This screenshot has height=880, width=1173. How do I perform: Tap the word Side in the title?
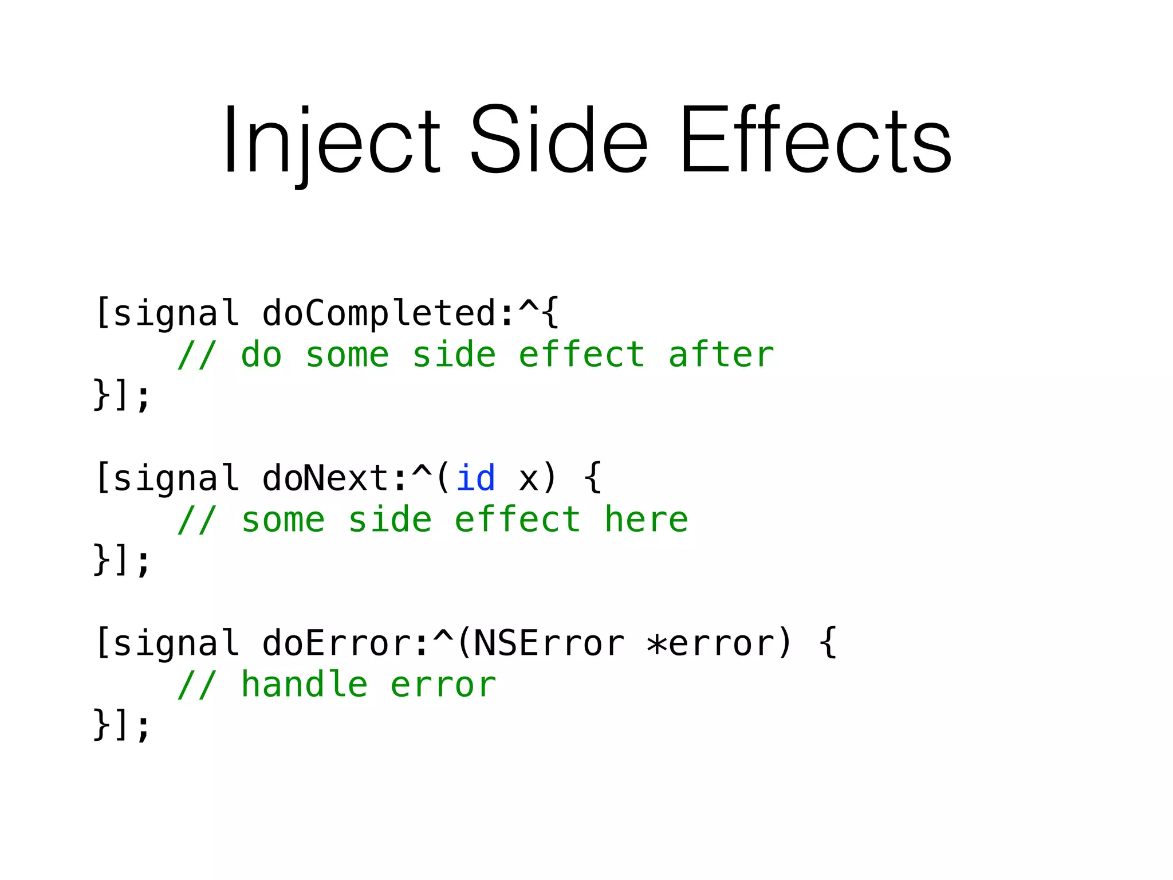(558, 140)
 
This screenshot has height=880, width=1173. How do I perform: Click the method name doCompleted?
(379, 313)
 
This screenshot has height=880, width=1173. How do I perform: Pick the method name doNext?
(326, 478)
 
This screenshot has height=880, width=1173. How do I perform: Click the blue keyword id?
(475, 478)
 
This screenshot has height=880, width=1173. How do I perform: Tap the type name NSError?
(549, 643)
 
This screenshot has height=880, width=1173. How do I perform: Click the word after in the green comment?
(721, 355)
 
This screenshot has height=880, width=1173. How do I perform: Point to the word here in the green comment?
(646, 520)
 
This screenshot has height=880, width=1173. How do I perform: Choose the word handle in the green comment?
(304, 685)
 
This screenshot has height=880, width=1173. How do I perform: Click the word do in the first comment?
(261, 355)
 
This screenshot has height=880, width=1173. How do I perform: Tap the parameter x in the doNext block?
(528, 478)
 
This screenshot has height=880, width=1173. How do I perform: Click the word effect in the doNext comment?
(517, 520)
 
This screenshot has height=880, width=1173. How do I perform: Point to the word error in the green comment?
(443, 685)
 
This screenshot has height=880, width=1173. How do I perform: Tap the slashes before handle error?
(197, 685)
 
